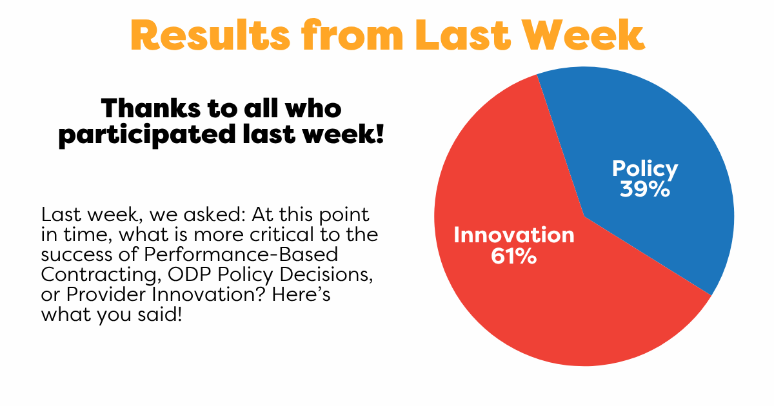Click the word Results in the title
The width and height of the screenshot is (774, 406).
[210, 35]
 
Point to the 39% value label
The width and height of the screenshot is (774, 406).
[645, 189]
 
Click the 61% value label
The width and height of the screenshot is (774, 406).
[514, 256]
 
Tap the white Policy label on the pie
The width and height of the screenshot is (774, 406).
[645, 169]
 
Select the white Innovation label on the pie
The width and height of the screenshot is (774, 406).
[514, 235]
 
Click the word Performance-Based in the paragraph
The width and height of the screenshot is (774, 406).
[241, 255]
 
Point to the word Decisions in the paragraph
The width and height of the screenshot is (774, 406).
[326, 275]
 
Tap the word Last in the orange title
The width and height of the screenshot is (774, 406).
[463, 35]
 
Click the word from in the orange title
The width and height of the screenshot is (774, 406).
[352, 35]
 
